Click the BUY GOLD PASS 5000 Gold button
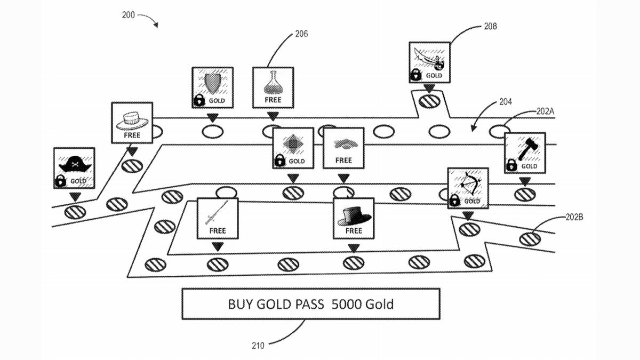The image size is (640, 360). (311, 304)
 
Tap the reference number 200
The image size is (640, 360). (129, 15)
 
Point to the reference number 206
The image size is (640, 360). (301, 34)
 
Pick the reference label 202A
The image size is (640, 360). (545, 111)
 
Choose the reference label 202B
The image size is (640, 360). (574, 217)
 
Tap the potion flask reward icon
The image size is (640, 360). (273, 82)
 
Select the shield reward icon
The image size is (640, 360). (212, 83)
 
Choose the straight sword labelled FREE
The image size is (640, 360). (217, 213)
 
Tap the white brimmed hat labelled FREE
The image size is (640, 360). (131, 119)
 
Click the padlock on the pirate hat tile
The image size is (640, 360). (60, 181)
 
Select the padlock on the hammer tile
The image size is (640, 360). (511, 165)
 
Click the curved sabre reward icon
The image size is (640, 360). (429, 58)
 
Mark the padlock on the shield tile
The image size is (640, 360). (199, 100)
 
